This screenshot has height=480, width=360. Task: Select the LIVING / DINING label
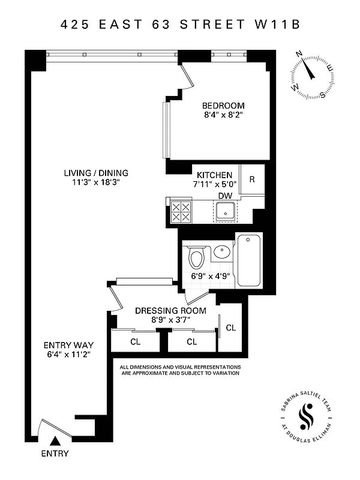(96, 173)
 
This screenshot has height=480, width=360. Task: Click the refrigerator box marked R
(252, 179)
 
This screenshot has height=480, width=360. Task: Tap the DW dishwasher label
(225, 195)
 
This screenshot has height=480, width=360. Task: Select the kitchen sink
(225, 212)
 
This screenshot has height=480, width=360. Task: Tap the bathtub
(250, 260)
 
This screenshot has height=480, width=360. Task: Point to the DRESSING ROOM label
(170, 310)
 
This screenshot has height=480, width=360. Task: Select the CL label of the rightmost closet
(231, 328)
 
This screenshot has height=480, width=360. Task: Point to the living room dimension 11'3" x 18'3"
(96, 183)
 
